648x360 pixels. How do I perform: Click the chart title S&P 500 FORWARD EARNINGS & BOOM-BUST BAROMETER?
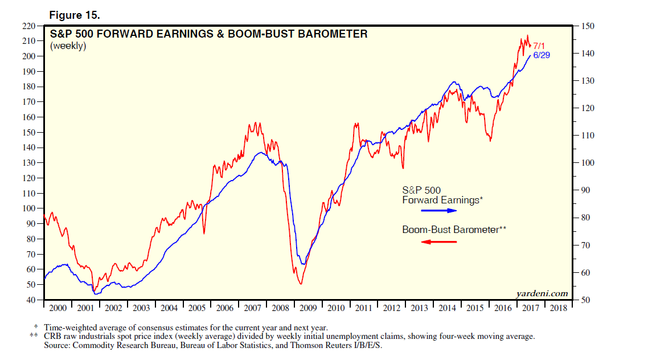pyautogui.click(x=208, y=34)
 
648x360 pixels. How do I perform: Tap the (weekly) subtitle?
pyautogui.click(x=68, y=46)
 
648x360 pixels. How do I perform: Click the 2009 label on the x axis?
pyautogui.click(x=308, y=308)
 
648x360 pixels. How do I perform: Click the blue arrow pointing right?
pyautogui.click(x=439, y=211)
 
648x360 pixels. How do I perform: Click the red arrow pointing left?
pyautogui.click(x=439, y=242)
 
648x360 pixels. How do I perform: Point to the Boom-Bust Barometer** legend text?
pyautogui.click(x=454, y=230)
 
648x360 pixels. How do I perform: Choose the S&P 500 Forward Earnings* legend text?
pyautogui.click(x=442, y=195)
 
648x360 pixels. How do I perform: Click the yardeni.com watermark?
pyautogui.click(x=543, y=293)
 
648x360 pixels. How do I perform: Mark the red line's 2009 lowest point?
pyautogui.click(x=300, y=284)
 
